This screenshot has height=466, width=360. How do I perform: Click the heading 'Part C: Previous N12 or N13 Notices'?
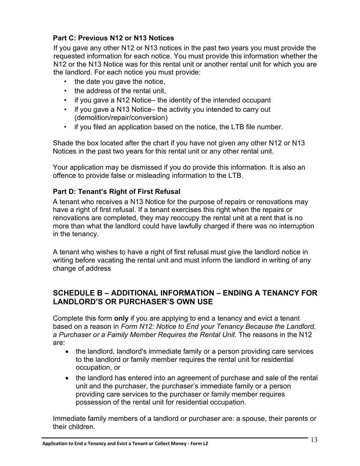(x=113, y=38)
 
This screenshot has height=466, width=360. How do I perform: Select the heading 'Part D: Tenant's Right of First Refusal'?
(x=116, y=192)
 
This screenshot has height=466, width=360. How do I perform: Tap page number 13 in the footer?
(x=314, y=440)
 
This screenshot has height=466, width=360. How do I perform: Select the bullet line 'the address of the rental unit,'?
(x=120, y=91)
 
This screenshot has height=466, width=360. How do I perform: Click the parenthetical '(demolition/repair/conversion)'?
(x=121, y=117)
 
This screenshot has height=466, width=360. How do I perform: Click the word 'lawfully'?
(x=199, y=226)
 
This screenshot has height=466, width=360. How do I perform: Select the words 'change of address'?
(x=82, y=269)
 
